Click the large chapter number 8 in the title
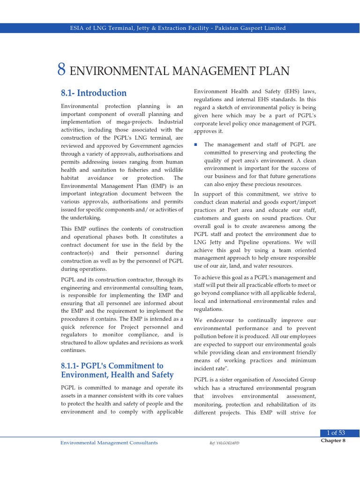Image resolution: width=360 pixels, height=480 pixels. click(x=61, y=69)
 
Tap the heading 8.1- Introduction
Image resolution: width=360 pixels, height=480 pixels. click(x=94, y=93)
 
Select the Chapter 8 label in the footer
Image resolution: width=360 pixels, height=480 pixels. click(x=333, y=441)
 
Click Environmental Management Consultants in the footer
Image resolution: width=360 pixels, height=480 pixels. click(x=109, y=442)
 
